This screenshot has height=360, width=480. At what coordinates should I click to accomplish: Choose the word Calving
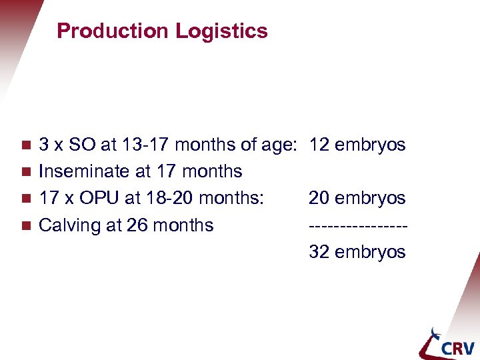coord(71,225)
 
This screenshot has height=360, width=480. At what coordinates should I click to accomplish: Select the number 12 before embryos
coord(319,145)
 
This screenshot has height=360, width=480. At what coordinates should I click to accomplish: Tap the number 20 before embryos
coord(319,198)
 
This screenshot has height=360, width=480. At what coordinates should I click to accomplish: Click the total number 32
coord(319,252)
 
